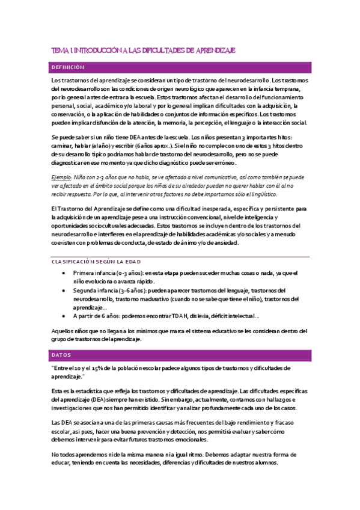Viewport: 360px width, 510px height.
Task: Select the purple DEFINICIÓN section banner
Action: (x=180, y=67)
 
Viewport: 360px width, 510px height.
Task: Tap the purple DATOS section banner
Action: (x=180, y=354)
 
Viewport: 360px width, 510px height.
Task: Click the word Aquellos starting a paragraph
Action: (x=64, y=330)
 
